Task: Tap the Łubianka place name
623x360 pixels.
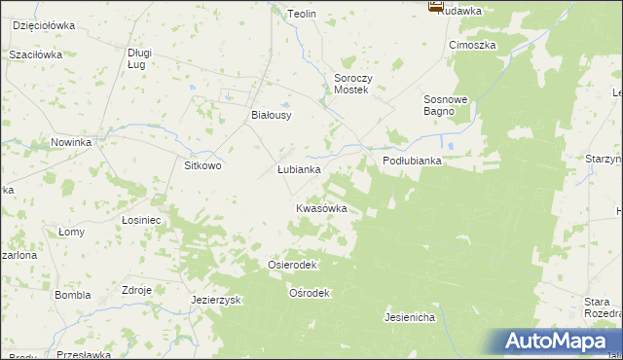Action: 299,168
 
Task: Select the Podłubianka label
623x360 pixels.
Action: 412,162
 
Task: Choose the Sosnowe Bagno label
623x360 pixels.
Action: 446,105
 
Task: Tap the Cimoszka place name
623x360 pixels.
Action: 472,45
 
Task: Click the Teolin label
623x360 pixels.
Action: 303,14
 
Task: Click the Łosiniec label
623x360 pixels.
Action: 141,220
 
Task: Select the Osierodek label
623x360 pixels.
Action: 292,265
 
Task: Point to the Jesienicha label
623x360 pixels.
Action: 409,317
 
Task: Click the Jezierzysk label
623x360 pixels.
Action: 216,300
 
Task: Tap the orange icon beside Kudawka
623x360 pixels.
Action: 434,6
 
